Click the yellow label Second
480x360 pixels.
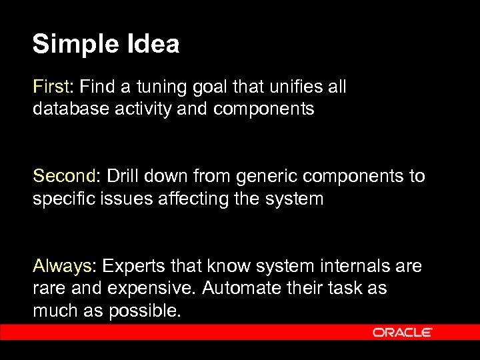65,177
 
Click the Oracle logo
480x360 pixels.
403,332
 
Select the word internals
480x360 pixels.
357,267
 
